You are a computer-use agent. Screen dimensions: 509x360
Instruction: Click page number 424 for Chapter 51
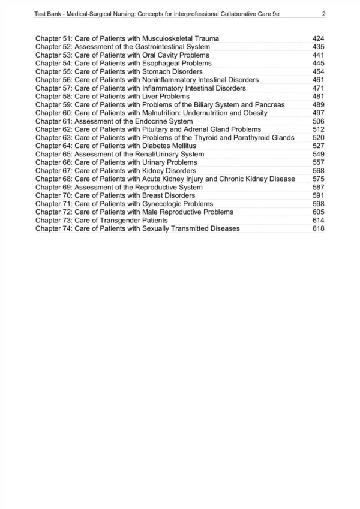(x=319, y=39)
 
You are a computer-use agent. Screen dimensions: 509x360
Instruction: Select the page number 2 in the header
(x=323, y=14)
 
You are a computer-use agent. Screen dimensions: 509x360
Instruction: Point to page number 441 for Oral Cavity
(x=319, y=55)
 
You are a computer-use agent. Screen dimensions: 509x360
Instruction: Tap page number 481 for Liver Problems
(x=319, y=96)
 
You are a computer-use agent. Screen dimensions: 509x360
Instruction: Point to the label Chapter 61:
(x=53, y=121)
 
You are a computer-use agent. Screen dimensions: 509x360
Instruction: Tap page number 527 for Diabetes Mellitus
(x=319, y=146)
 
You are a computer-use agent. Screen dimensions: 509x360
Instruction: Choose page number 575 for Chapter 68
(x=319, y=179)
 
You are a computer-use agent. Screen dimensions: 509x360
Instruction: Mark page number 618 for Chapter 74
(x=319, y=228)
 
